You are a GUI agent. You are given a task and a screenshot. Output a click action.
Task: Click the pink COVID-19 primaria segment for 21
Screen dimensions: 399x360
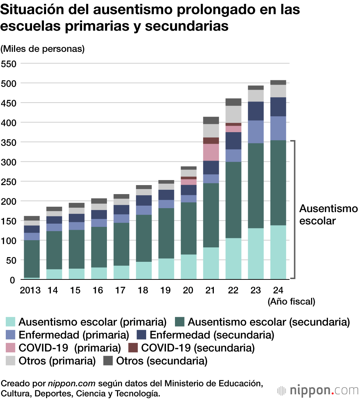(x=211, y=152)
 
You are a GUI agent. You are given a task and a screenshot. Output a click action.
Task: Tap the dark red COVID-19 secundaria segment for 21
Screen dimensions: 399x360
(x=211, y=140)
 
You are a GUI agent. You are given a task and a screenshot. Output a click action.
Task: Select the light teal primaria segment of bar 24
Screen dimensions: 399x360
(x=278, y=252)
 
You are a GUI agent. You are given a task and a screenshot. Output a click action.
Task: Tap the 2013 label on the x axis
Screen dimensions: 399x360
(x=30, y=290)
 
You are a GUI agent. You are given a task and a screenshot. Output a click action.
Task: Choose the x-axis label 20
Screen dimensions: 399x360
(x=188, y=290)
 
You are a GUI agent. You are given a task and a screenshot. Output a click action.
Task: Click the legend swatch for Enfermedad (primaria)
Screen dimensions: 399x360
(x=11, y=335)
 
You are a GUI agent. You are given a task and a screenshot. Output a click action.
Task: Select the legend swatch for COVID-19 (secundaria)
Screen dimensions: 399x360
(x=133, y=348)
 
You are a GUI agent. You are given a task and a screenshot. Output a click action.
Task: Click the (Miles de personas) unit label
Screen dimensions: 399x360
(x=42, y=49)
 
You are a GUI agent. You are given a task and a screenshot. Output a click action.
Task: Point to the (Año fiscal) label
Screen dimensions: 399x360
(x=291, y=302)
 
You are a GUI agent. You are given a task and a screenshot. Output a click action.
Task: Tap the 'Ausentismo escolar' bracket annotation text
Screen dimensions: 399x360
(x=328, y=215)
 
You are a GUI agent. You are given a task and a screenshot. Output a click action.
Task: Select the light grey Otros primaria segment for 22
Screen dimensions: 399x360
(x=233, y=114)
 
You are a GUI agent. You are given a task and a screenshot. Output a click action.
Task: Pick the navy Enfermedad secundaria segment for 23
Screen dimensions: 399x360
(x=256, y=111)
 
